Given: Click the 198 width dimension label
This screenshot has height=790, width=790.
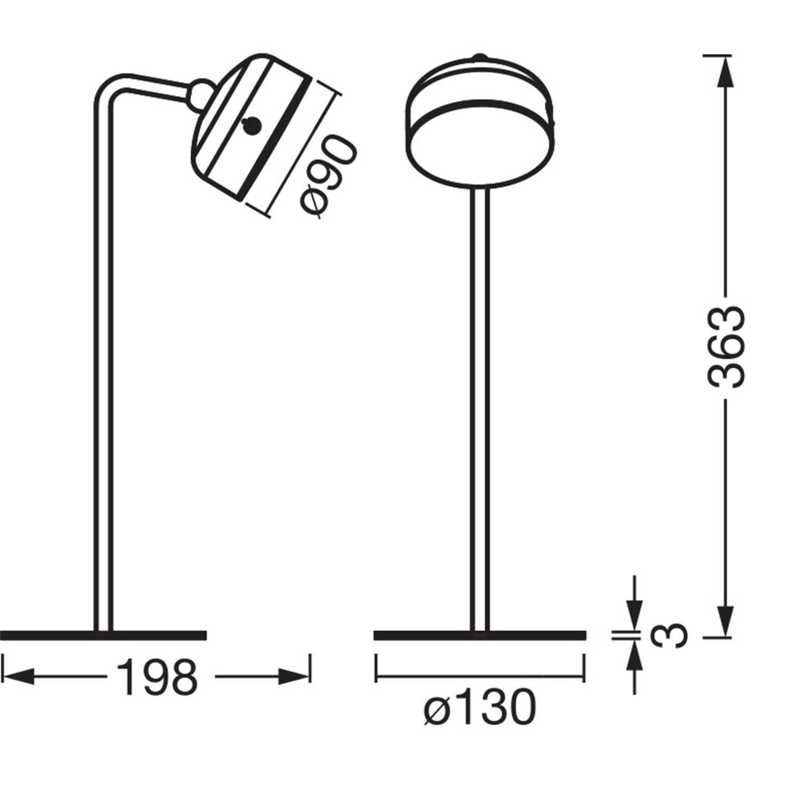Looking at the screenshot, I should click(x=156, y=677).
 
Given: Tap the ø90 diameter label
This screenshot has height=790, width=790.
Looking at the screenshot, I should click(x=328, y=176).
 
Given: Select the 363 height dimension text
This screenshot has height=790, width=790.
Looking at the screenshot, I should click(x=726, y=346).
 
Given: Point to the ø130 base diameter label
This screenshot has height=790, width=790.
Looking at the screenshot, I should click(x=480, y=708).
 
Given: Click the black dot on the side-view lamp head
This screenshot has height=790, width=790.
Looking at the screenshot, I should click(x=252, y=126).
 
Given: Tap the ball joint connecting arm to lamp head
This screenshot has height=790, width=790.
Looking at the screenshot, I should click(x=201, y=95).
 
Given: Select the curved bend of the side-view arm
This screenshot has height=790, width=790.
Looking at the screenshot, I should click(x=111, y=86).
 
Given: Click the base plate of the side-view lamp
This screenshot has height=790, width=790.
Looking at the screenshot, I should click(x=103, y=634).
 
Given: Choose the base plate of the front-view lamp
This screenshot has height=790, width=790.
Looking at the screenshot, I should click(x=480, y=634).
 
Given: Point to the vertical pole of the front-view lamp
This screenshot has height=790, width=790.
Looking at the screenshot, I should click(x=480, y=411).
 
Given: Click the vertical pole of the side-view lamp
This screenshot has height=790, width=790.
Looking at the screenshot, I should click(x=103, y=370).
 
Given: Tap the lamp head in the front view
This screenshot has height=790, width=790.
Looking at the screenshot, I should click(x=480, y=123).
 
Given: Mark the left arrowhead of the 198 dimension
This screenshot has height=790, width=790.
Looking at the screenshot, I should click(x=16, y=676).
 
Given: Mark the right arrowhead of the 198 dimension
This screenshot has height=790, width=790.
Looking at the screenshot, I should click(x=296, y=676).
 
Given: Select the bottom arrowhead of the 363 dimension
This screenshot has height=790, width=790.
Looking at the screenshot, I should click(x=725, y=619).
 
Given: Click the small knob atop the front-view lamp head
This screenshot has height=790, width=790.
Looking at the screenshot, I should click(x=480, y=57).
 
